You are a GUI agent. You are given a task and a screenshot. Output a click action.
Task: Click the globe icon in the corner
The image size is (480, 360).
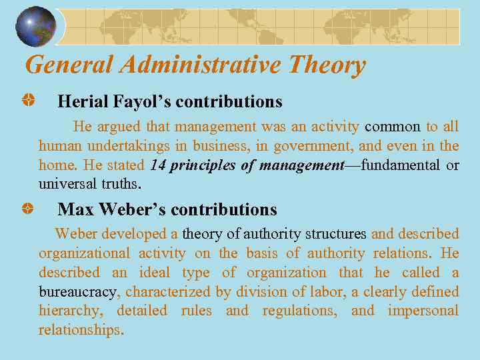pos(35,26)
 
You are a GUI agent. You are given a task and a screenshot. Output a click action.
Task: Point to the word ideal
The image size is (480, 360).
pos(155,273)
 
